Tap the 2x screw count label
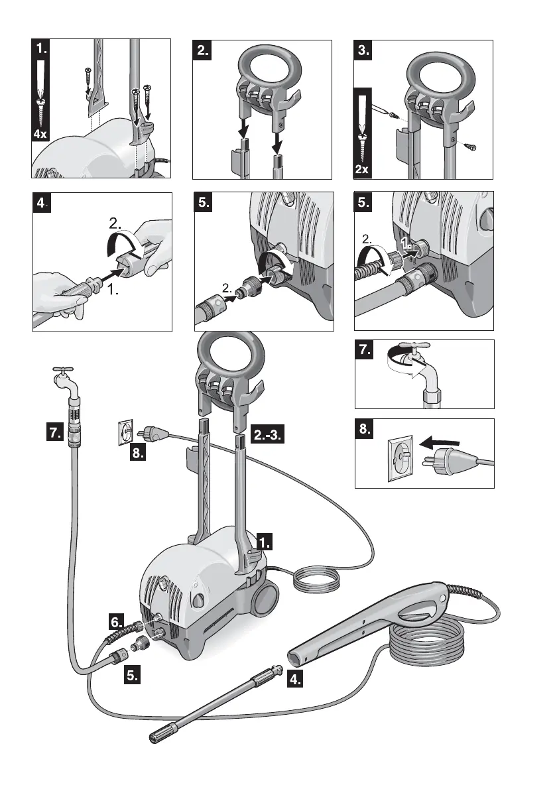coord(362,169)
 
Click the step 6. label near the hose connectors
coord(117,622)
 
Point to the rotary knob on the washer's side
coord(198,599)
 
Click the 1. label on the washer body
coord(264,542)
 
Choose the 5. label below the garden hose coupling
coord(132,676)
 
